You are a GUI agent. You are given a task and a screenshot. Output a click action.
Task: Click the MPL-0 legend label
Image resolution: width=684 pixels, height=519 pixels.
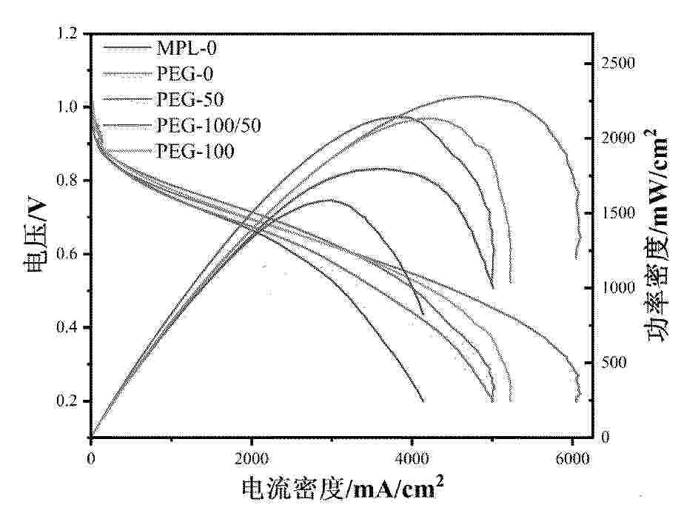pyautogui.click(x=187, y=48)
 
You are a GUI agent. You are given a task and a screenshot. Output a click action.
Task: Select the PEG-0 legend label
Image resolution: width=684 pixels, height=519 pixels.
pyautogui.click(x=185, y=74)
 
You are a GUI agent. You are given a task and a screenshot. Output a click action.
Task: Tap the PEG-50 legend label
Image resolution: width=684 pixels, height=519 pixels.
pyautogui.click(x=190, y=99)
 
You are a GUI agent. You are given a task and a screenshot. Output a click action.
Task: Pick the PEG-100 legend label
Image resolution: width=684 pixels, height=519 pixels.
pyautogui.click(x=195, y=151)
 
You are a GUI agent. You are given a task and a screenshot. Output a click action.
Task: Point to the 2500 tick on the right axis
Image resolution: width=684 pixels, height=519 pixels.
pyautogui.click(x=617, y=64)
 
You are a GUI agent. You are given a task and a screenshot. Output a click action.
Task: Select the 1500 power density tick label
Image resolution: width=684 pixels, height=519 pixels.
pyautogui.click(x=617, y=213)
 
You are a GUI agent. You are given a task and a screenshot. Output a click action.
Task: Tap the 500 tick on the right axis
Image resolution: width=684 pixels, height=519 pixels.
pyautogui.click(x=614, y=363)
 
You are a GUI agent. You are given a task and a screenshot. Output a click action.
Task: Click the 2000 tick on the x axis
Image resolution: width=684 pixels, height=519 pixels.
pyautogui.click(x=251, y=458)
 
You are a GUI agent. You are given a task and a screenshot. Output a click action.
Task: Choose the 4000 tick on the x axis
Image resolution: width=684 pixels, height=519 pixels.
pyautogui.click(x=412, y=458)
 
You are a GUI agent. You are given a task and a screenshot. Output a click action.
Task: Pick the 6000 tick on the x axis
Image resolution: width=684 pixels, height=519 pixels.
pyautogui.click(x=572, y=458)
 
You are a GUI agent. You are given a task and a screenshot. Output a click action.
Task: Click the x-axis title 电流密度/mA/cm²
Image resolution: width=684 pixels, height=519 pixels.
pyautogui.click(x=343, y=488)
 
